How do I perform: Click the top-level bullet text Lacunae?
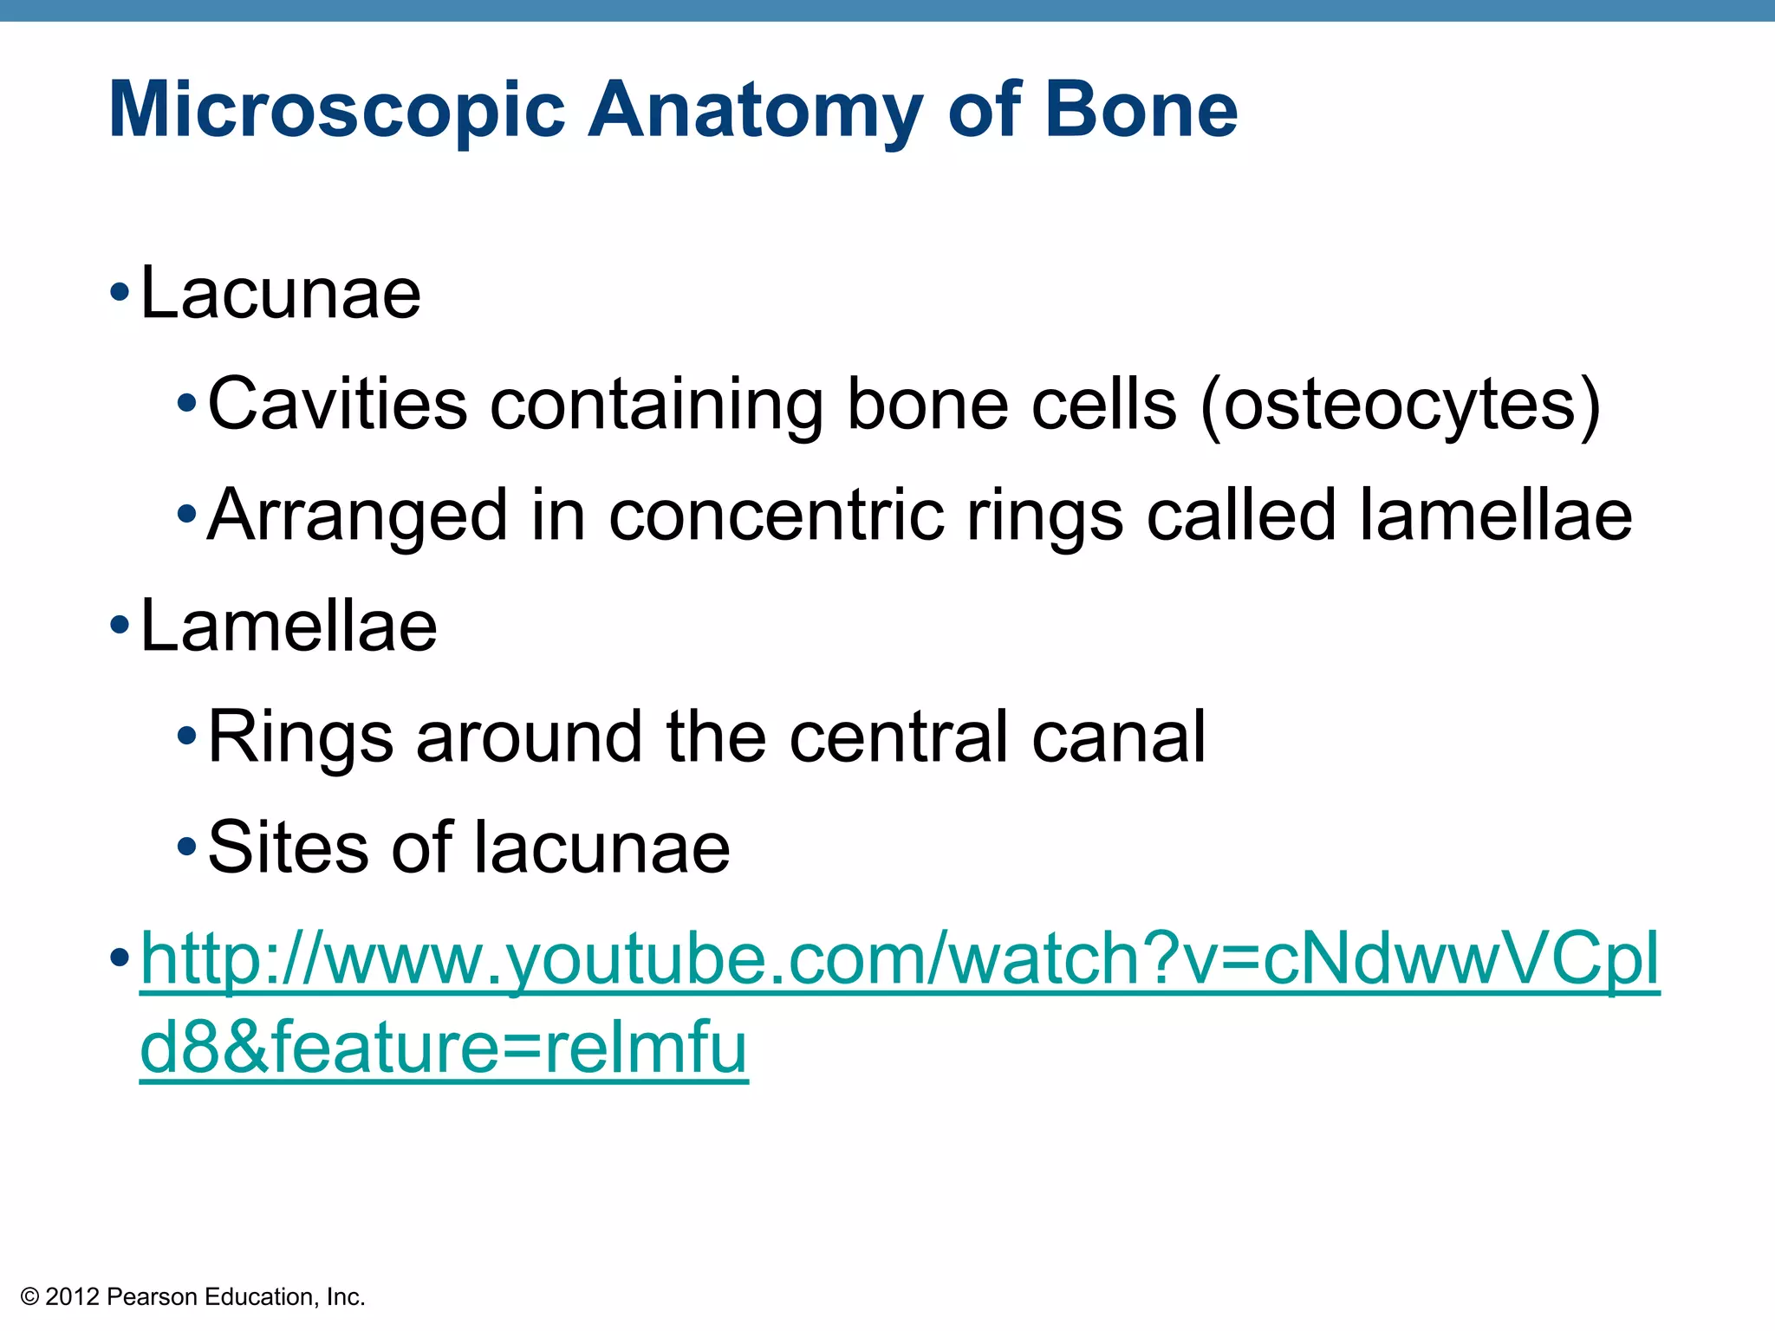(x=280, y=294)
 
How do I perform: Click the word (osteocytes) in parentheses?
(x=1399, y=406)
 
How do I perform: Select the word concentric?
(x=776, y=516)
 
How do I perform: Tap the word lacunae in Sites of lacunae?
(x=601, y=847)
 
